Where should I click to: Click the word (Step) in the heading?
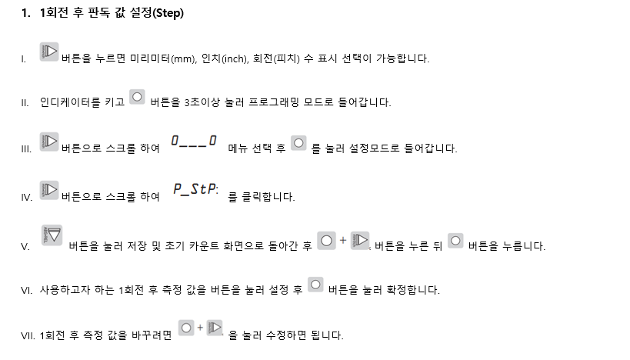pyautogui.click(x=164, y=13)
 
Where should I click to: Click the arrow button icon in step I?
pyautogui.click(x=49, y=52)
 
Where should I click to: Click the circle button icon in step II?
pyautogui.click(x=137, y=96)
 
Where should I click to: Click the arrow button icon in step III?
pyautogui.click(x=49, y=142)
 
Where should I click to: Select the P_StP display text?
pyautogui.click(x=195, y=188)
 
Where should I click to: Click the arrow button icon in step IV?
pyautogui.click(x=49, y=188)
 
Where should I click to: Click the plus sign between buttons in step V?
pyautogui.click(x=343, y=240)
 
